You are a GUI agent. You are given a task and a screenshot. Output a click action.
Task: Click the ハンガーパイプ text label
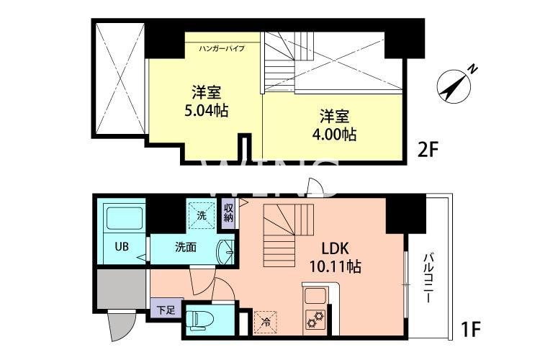pos(222,49)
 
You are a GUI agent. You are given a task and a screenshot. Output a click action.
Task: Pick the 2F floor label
pos(428,150)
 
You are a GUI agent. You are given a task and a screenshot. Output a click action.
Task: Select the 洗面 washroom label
pos(186,247)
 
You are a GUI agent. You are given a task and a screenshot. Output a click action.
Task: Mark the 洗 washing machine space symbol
pos(201,213)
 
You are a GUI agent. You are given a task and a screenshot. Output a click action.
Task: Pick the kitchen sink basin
pos(316,295)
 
